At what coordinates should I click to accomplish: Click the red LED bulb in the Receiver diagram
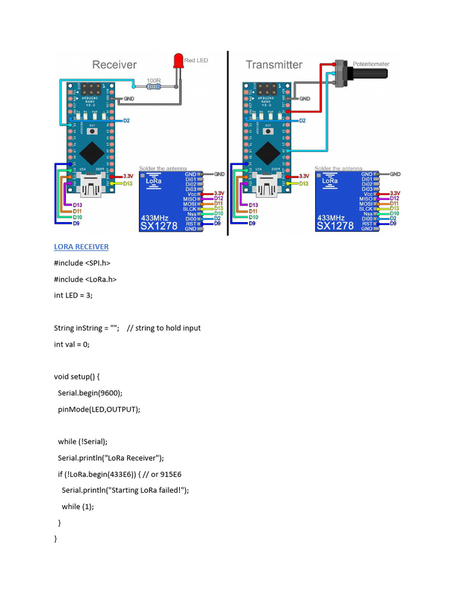click(178, 60)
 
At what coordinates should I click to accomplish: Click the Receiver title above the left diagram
click(115, 65)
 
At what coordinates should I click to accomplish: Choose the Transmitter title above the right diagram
click(274, 65)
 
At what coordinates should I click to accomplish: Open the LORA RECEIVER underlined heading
click(81, 246)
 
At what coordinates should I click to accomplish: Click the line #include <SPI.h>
click(83, 262)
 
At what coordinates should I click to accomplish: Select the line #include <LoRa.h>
click(85, 279)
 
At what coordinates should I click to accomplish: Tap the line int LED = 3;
click(74, 295)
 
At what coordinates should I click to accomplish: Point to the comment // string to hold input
click(164, 328)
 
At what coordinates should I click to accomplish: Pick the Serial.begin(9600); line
click(90, 392)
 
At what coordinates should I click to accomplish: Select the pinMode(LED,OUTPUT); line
click(99, 409)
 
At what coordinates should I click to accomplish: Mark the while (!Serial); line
click(83, 441)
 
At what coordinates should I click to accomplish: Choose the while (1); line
click(78, 506)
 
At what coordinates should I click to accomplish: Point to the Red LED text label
click(196, 61)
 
